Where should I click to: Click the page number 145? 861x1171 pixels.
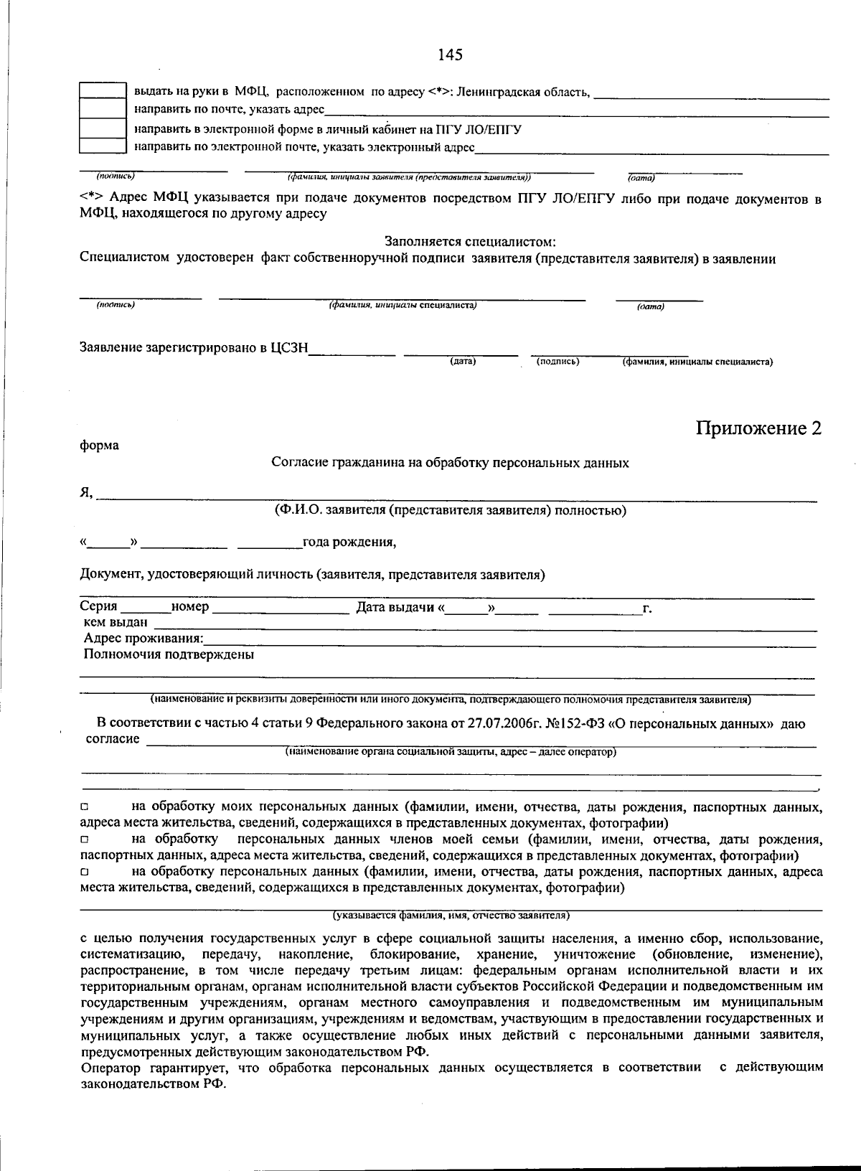click(x=450, y=55)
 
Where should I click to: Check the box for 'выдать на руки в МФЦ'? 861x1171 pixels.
click(x=102, y=91)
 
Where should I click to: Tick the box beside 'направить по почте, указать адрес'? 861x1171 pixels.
click(x=102, y=109)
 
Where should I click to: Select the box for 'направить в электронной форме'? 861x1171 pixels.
click(x=102, y=128)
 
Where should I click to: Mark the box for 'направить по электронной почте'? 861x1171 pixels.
click(x=102, y=146)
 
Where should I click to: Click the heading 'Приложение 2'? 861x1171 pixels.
click(x=758, y=428)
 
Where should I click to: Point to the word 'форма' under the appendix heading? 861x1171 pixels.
click(x=99, y=446)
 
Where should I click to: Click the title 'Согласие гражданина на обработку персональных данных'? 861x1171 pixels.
click(x=450, y=464)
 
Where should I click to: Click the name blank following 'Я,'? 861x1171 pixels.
click(x=456, y=493)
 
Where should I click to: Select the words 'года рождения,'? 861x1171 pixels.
click(x=349, y=542)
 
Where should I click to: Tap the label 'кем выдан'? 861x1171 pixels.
click(x=116, y=622)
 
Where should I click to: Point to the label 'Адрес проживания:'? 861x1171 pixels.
click(x=143, y=639)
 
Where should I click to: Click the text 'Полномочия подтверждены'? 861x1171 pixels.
click(x=169, y=654)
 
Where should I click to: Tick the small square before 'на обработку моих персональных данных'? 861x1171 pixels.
click(x=85, y=809)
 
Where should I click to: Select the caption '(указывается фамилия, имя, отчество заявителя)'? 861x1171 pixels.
click(x=451, y=916)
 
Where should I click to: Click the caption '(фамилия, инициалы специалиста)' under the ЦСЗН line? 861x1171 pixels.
click(x=697, y=362)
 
